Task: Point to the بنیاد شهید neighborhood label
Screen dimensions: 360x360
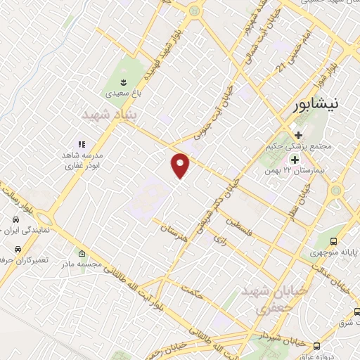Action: click(x=107, y=114)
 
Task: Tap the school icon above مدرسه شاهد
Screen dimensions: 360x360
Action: click(x=82, y=144)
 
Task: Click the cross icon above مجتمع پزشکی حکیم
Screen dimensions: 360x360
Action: click(x=299, y=134)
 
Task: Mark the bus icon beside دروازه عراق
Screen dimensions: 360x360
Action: click(x=317, y=346)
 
